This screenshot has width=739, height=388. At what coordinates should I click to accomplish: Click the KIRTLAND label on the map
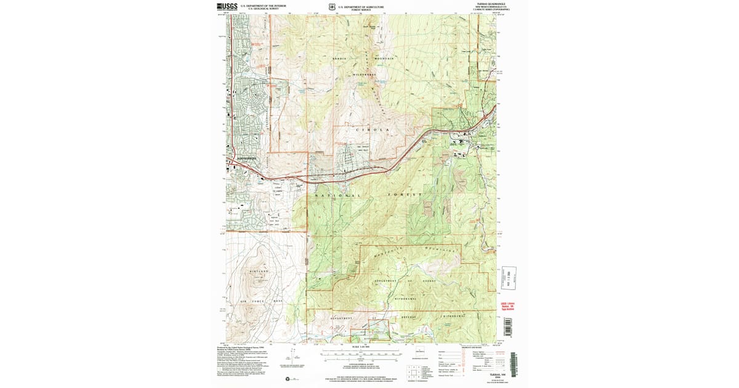(259, 271)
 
